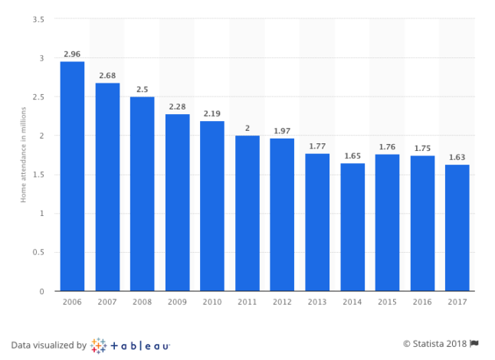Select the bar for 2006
[72, 176]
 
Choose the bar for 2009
[177, 202]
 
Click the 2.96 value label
[72, 54]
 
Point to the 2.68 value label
[107, 76]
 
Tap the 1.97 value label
[282, 131]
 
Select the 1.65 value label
[352, 155]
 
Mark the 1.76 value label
[387, 147]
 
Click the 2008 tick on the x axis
[142, 303]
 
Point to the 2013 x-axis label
[316, 303]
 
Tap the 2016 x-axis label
[421, 303]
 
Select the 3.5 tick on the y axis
[38, 18]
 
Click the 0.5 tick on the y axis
[38, 252]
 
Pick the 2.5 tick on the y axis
[38, 97]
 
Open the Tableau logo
[130, 345]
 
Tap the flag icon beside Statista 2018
[474, 343]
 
